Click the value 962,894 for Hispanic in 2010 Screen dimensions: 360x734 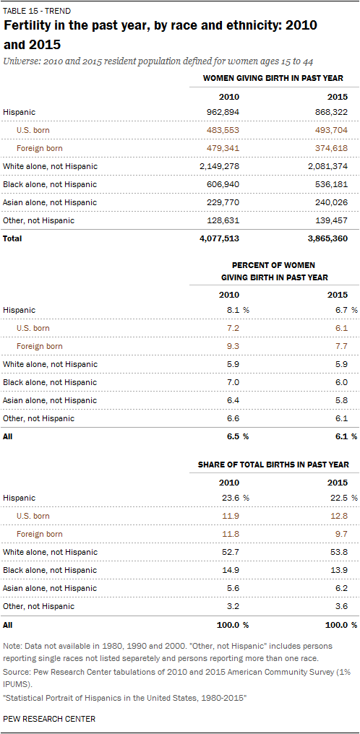[x=223, y=112]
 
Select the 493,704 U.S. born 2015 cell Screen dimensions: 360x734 [x=331, y=130]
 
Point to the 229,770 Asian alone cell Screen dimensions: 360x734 [x=223, y=202]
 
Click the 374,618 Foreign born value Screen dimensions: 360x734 [x=331, y=148]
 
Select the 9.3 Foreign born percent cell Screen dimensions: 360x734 [x=233, y=346]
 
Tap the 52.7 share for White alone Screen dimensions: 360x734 [x=231, y=552]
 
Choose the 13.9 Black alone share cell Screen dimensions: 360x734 [x=340, y=570]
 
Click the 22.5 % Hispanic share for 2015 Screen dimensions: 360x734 [x=345, y=498]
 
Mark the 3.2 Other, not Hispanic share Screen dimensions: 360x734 [x=233, y=606]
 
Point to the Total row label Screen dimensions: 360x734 [x=12, y=238]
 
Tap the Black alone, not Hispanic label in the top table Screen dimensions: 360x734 [x=50, y=184]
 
